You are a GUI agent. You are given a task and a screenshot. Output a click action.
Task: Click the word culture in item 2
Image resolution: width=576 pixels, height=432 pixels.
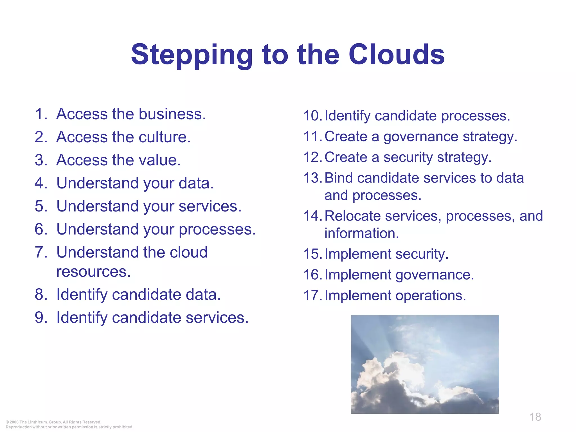[x=165, y=137]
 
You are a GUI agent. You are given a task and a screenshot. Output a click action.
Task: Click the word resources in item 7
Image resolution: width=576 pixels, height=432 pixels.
[x=93, y=272]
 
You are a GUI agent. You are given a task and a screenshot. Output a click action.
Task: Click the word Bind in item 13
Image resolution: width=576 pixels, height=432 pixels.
[x=339, y=178]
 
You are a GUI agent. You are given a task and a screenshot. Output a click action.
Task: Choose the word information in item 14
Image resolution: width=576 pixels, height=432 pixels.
[x=362, y=233]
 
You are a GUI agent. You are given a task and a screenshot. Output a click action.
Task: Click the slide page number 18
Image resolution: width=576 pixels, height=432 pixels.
[x=535, y=417]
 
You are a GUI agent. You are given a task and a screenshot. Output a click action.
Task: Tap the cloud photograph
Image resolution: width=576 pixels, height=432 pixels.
[x=425, y=364]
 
